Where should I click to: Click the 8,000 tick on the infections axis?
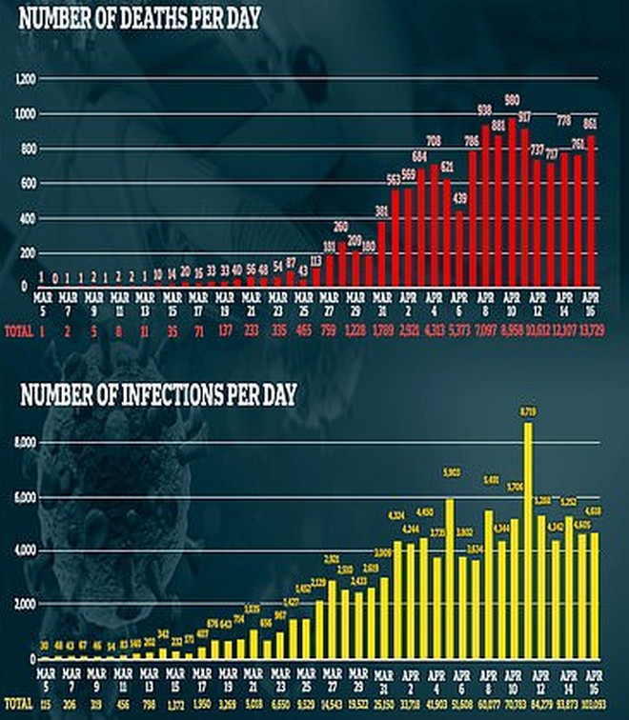tap(23, 443)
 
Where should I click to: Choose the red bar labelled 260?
tap(340, 264)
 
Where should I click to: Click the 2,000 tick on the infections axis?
tap(23, 604)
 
